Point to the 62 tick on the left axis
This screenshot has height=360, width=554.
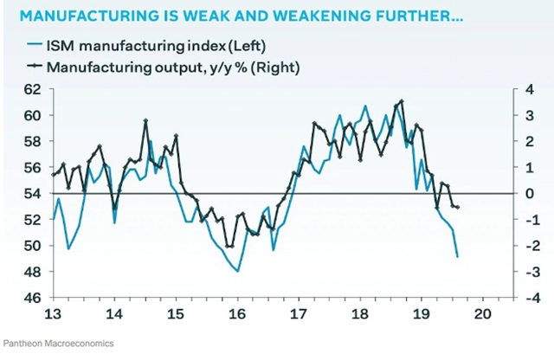31,89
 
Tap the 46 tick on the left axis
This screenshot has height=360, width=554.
31,298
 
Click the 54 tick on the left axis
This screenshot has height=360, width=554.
31,193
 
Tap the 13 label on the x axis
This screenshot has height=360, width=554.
53,314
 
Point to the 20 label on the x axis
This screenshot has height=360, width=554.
483,314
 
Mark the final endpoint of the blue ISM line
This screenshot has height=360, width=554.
457,257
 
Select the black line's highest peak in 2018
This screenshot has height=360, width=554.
401,101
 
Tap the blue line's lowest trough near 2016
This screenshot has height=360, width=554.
237,272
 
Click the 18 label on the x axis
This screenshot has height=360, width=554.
360,314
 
